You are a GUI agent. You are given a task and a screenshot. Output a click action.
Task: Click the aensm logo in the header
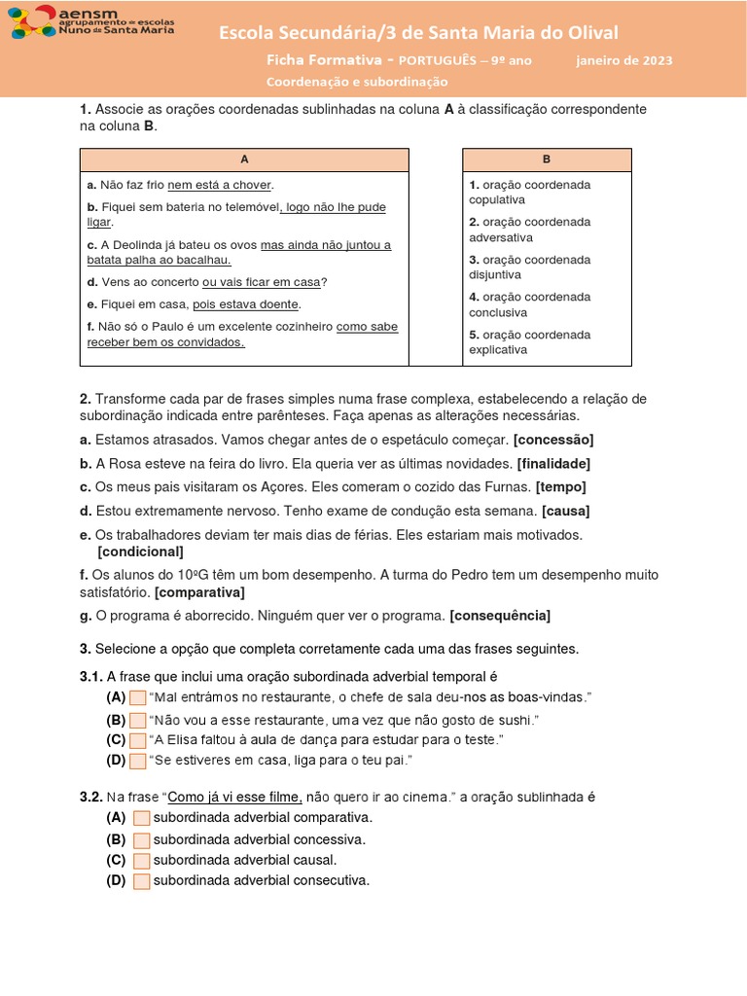(92, 21)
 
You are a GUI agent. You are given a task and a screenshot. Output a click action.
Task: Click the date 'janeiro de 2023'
(623, 60)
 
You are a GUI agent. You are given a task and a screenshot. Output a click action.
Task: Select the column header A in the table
(244, 160)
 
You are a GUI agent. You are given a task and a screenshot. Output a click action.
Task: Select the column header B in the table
(547, 160)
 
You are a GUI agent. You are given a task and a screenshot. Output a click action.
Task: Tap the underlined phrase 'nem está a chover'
(220, 185)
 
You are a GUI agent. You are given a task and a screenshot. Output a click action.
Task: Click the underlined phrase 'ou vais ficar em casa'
(262, 282)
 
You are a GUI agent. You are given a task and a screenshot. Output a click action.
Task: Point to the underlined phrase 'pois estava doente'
(245, 304)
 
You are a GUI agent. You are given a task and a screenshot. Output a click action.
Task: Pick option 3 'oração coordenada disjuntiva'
(529, 267)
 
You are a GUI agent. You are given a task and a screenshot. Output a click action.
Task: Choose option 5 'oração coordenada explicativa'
(529, 342)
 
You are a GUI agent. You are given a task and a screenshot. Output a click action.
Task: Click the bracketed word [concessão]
(553, 440)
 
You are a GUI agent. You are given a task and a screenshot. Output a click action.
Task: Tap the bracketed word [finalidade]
(553, 463)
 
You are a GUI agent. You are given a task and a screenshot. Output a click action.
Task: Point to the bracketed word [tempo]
(562, 486)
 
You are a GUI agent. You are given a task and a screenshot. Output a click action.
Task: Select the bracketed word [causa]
(565, 511)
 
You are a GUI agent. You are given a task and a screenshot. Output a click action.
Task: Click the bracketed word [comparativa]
(199, 591)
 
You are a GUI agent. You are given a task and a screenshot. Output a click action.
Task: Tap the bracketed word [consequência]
(500, 616)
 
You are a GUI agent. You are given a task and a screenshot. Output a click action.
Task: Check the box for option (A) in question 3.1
(138, 697)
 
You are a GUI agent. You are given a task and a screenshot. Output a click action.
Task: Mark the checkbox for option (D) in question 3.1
(138, 761)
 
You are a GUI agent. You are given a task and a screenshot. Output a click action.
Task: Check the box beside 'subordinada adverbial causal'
(142, 861)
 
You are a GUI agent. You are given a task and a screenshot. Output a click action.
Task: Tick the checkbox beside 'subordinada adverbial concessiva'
(142, 839)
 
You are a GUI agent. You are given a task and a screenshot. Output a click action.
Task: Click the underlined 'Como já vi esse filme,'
(235, 798)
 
